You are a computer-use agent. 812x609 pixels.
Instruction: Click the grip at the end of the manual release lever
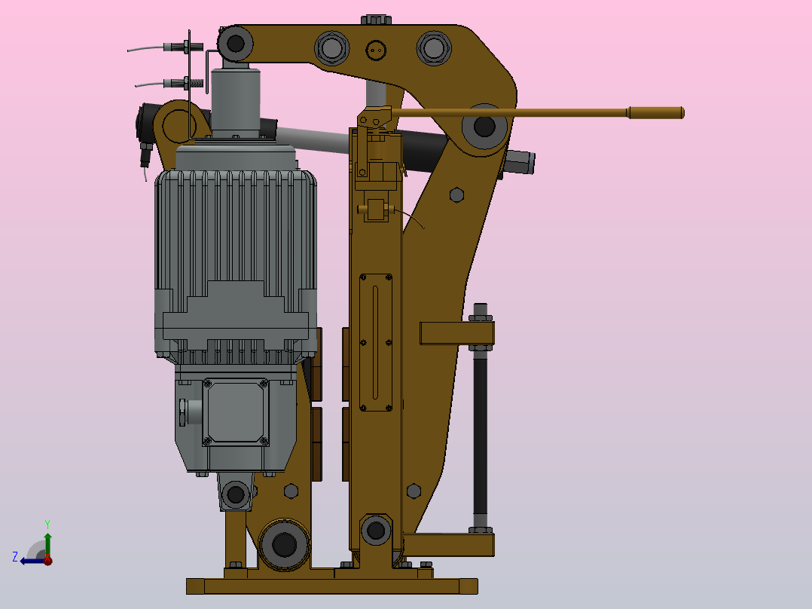coord(655,113)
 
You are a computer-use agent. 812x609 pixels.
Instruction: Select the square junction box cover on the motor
coord(236,412)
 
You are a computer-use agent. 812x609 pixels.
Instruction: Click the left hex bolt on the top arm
coord(332,48)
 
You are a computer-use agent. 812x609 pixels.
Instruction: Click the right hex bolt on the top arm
coord(433,47)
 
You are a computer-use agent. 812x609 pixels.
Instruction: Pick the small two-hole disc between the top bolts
coord(375,50)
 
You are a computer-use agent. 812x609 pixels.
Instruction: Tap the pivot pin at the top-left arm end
coord(236,43)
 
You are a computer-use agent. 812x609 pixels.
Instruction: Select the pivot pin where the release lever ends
coord(484,127)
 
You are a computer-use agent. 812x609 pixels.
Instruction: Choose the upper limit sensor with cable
coord(181,47)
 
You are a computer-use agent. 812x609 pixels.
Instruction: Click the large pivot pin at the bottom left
coord(283,543)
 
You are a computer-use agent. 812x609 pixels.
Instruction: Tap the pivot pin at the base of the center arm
coord(375,530)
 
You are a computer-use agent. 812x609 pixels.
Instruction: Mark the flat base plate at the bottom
coord(331,586)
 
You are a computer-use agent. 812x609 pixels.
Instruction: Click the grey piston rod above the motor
coord(236,98)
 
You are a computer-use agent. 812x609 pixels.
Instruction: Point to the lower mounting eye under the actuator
coord(236,494)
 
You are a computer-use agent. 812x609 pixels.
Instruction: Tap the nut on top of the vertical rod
coord(481,311)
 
